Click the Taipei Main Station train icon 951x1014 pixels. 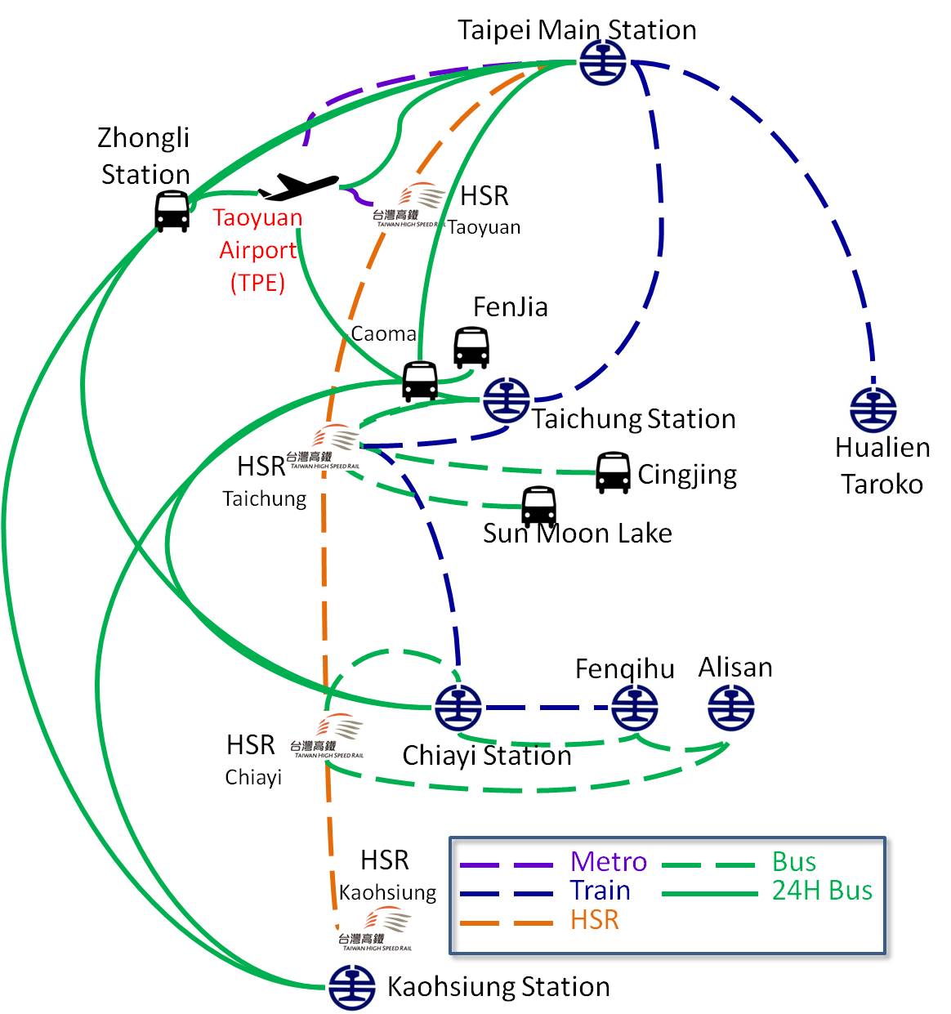(x=603, y=61)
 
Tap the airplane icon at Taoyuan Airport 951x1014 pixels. (x=298, y=187)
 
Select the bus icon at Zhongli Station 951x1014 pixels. (x=172, y=212)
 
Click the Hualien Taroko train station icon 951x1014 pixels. (x=873, y=409)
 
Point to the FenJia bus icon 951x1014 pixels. (x=471, y=347)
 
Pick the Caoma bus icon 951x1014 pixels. (x=420, y=381)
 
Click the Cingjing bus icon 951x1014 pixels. (x=613, y=472)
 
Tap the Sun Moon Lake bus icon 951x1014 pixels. (x=539, y=507)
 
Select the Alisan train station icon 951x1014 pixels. (x=730, y=708)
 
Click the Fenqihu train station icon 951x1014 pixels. (x=635, y=708)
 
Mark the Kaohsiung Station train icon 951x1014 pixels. (x=351, y=987)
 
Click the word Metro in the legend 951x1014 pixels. (x=609, y=861)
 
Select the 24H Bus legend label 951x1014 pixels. (x=822, y=891)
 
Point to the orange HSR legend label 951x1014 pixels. (x=595, y=920)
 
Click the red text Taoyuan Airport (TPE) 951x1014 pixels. (x=258, y=250)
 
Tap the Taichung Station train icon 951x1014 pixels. (x=506, y=400)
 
